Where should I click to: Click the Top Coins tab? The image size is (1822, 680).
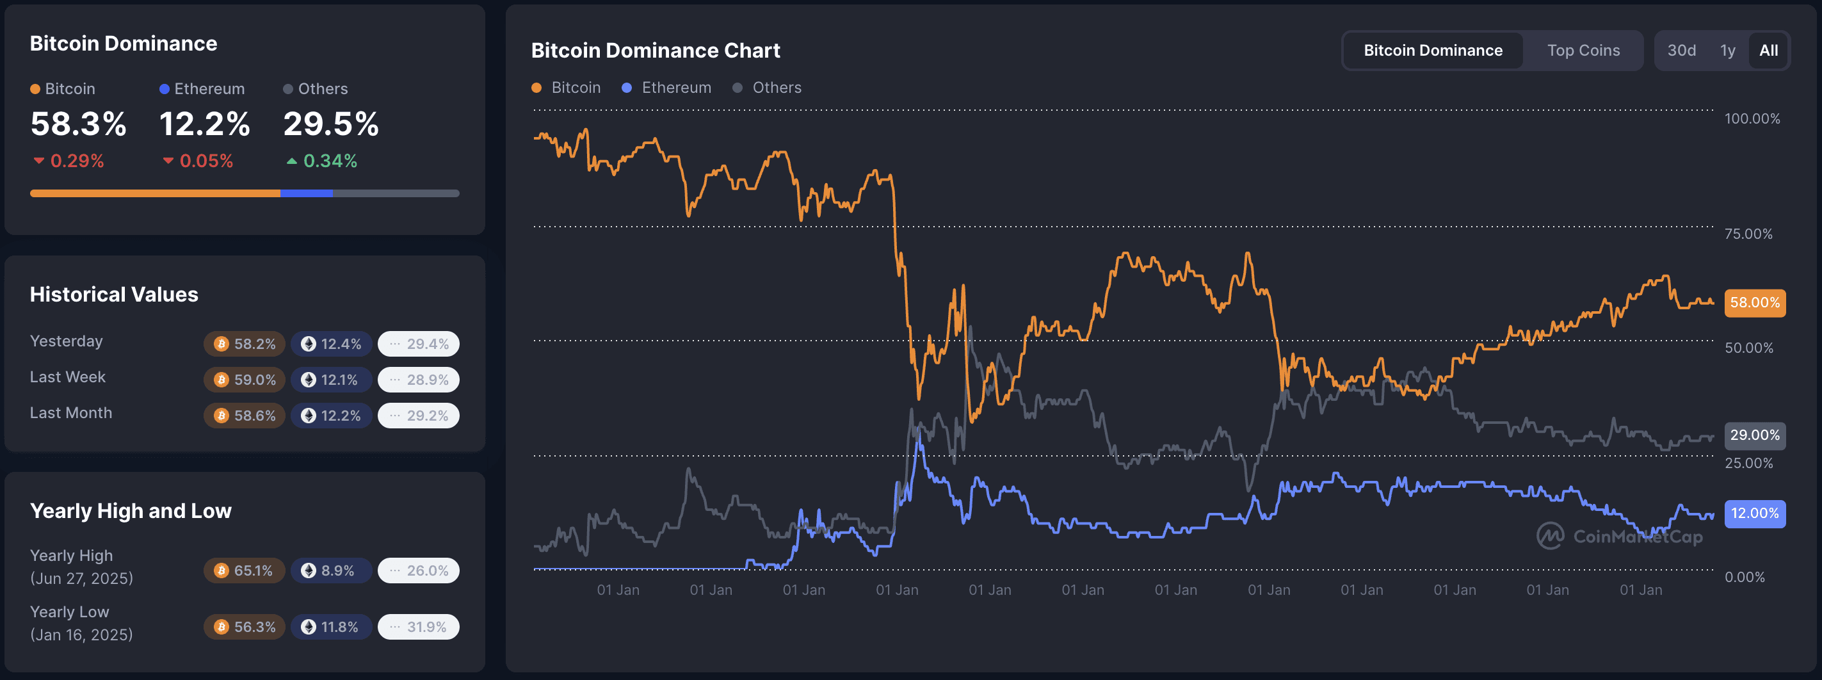(1583, 50)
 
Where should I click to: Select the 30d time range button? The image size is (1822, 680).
(1681, 50)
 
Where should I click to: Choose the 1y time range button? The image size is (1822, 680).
(1727, 50)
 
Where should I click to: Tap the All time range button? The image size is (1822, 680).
(1768, 50)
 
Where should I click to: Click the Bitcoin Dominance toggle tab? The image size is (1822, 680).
(1432, 50)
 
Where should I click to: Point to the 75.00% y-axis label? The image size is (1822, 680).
(1748, 234)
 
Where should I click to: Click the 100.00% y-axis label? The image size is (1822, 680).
(1752, 118)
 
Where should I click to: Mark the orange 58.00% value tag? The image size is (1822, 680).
(1754, 303)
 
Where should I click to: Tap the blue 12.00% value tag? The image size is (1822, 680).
(1754, 513)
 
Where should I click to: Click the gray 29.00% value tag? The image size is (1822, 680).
(1754, 435)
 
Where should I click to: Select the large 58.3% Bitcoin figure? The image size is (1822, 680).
(79, 124)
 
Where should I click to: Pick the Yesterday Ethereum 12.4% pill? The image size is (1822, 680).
(331, 344)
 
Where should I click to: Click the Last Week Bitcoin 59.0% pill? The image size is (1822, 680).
(245, 380)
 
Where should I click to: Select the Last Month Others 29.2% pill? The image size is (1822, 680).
(419, 416)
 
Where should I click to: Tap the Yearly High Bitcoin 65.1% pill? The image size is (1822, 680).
(245, 571)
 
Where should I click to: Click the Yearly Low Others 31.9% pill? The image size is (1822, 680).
(419, 627)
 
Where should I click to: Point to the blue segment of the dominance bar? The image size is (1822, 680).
(306, 193)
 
